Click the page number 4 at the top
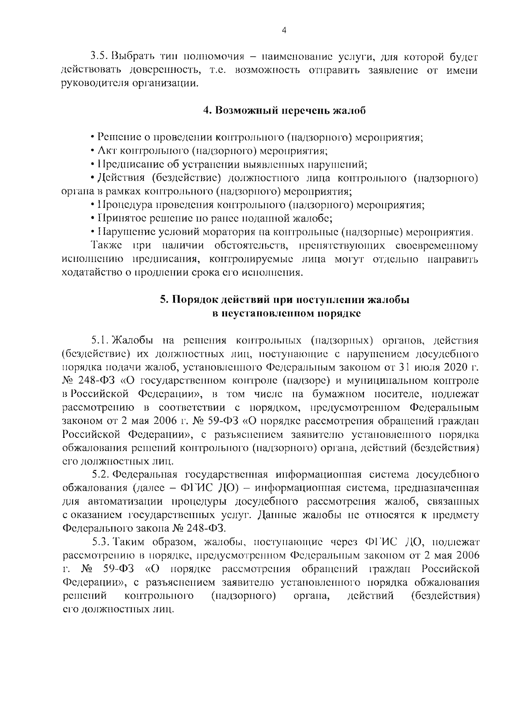(x=284, y=30)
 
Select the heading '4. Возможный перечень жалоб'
(x=284, y=111)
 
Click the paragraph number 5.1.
(x=100, y=340)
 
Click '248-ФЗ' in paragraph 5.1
(x=96, y=381)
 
